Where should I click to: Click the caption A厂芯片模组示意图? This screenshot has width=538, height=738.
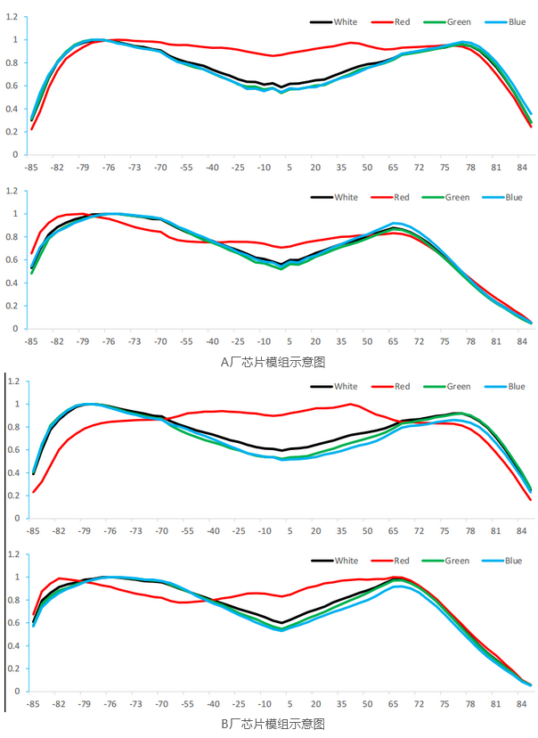pyautogui.click(x=273, y=362)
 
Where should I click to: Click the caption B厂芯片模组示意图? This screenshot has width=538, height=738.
pyautogui.click(x=273, y=724)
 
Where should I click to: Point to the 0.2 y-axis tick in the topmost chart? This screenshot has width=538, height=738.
pyautogui.click(x=14, y=132)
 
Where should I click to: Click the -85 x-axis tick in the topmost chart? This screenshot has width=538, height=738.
pyautogui.click(x=32, y=167)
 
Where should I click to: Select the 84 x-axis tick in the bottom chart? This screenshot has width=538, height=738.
pyautogui.click(x=521, y=703)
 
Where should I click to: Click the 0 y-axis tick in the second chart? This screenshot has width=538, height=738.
pyautogui.click(x=18, y=329)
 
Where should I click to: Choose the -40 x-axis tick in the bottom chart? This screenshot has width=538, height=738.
pyautogui.click(x=212, y=703)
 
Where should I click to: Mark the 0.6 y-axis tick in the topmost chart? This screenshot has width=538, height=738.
pyautogui.click(x=14, y=86)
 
